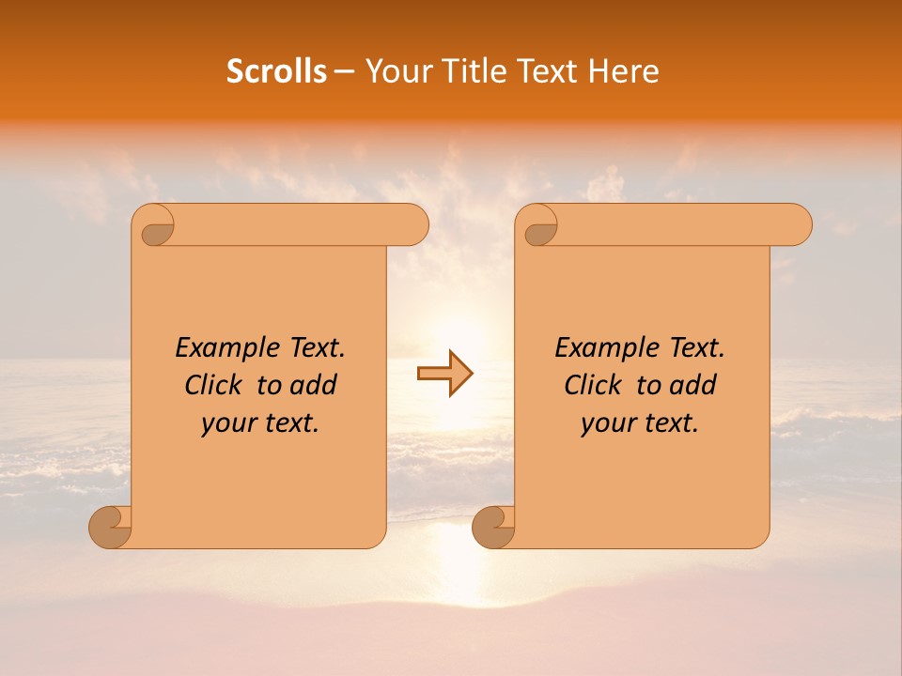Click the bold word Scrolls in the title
(x=276, y=71)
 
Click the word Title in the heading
(x=473, y=71)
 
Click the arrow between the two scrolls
(x=445, y=373)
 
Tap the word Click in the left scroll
(x=213, y=385)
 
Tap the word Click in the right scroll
(x=593, y=385)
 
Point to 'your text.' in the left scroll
(x=260, y=422)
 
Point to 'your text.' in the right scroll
(x=640, y=422)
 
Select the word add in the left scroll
(x=314, y=385)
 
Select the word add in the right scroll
(x=693, y=385)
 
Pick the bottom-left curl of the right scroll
(x=492, y=527)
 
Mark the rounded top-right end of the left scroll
(x=414, y=224)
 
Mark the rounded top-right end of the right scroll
(x=798, y=224)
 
